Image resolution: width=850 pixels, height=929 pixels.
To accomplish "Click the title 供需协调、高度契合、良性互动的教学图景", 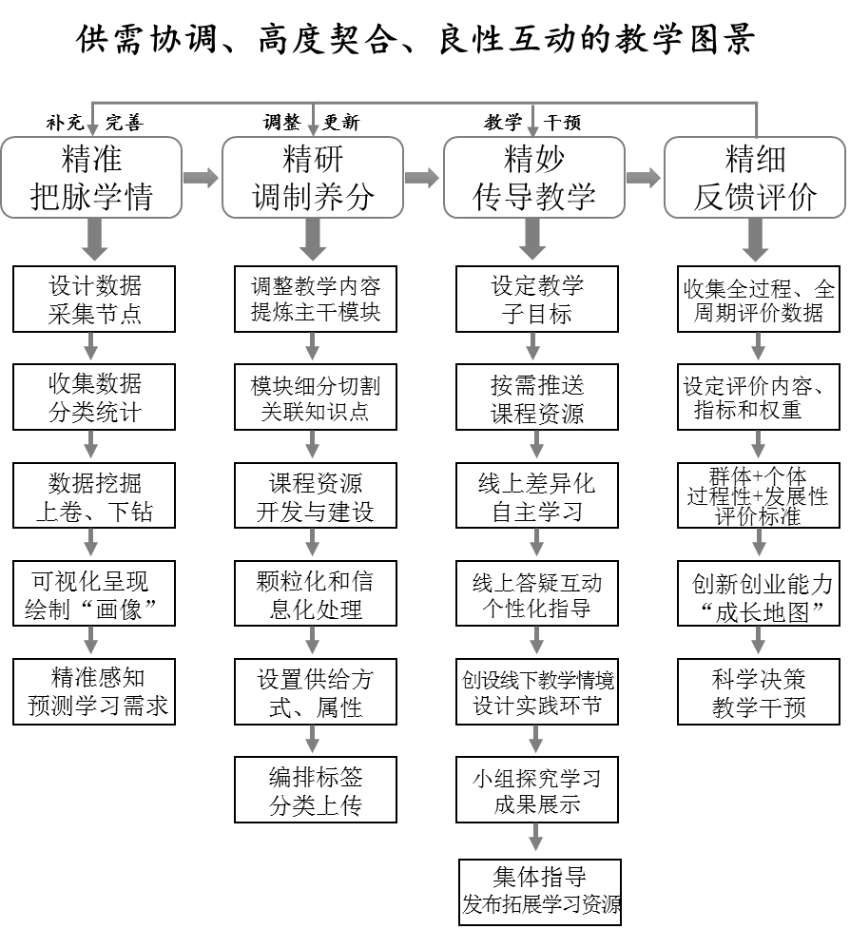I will tap(415, 38).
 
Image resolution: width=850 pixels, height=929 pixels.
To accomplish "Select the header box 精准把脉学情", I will tap(91, 177).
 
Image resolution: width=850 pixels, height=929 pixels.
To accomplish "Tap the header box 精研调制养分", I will tap(313, 177).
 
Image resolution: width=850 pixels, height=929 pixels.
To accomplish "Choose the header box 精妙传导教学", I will tap(534, 177).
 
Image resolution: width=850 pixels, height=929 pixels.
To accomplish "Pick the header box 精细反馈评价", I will tap(755, 177).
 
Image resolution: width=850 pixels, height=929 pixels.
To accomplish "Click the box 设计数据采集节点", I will tap(94, 300).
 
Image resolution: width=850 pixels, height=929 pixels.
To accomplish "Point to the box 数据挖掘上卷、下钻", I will tap(94, 496).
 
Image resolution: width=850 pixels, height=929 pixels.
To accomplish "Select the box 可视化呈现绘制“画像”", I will tap(94, 594).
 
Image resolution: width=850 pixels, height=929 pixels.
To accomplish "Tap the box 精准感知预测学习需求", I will tap(94, 692).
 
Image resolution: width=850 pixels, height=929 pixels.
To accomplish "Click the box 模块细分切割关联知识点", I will tap(315, 398).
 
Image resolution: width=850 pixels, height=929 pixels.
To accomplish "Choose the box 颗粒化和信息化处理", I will tap(315, 594).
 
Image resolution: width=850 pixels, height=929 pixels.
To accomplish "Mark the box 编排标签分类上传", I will tap(315, 791).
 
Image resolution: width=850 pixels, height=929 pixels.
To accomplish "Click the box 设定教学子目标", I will tap(536, 300).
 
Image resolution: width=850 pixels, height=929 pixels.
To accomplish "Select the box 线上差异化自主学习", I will tap(536, 496).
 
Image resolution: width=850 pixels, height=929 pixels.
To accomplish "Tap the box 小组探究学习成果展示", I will tap(536, 791).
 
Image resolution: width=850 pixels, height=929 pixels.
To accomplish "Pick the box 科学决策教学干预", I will tap(759, 692).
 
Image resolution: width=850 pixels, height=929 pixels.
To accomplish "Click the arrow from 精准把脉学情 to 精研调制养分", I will tap(202, 178).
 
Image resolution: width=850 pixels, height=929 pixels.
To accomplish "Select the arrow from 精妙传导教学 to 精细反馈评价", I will tap(644, 178).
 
